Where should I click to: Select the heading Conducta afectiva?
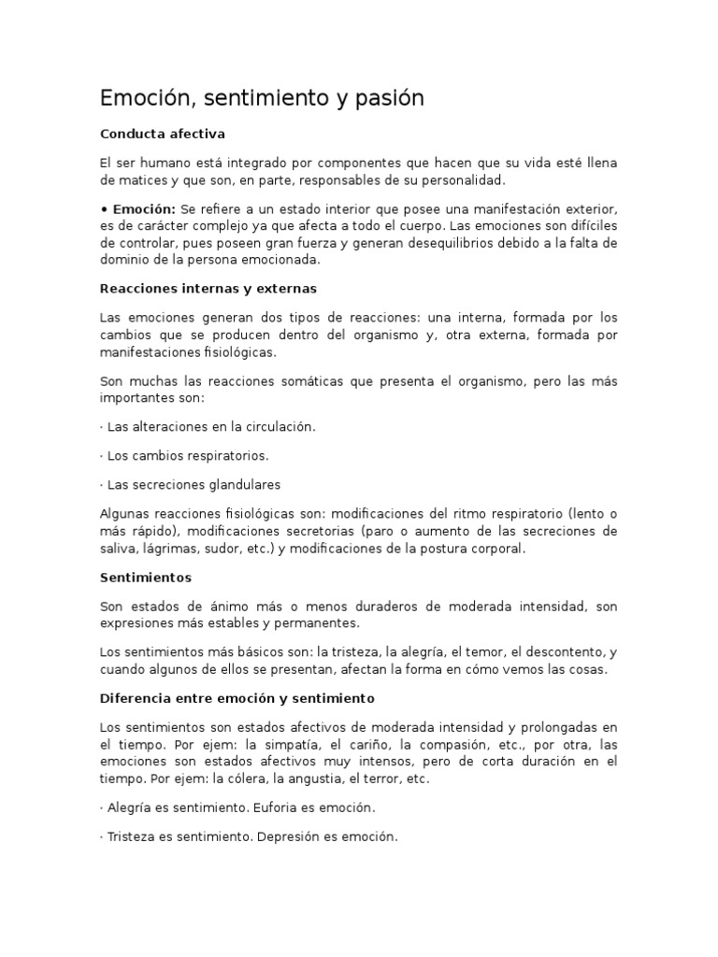tap(163, 134)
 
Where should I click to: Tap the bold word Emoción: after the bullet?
tap(144, 208)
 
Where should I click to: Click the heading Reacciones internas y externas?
tap(208, 288)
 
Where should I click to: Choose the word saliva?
tap(118, 549)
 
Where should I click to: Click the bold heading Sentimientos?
tap(145, 578)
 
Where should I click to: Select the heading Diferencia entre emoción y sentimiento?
tap(237, 698)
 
